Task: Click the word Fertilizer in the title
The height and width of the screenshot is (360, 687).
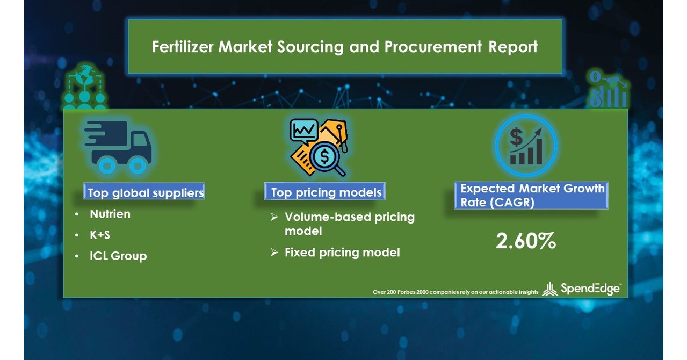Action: pos(183,47)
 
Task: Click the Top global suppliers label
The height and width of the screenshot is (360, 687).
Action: pos(146,192)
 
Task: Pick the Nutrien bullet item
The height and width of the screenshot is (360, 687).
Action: pos(110,214)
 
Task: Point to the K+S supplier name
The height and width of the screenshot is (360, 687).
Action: pos(100,235)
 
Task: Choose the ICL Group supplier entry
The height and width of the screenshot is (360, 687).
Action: pos(118,256)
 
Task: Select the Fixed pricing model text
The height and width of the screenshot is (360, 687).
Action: pos(342,252)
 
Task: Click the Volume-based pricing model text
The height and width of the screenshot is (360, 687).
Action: pos(349,224)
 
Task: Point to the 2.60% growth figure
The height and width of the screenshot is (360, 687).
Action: pos(525,242)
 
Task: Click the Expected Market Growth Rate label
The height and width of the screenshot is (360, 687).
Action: pos(532,196)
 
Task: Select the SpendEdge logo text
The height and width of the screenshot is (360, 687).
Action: pos(590,289)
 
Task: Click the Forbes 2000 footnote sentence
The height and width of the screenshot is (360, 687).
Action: pos(455,292)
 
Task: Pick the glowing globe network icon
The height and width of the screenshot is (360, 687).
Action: pos(84,89)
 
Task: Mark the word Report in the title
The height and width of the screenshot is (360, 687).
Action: pos(513,47)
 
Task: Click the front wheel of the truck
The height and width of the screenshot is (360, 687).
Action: pos(139,164)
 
